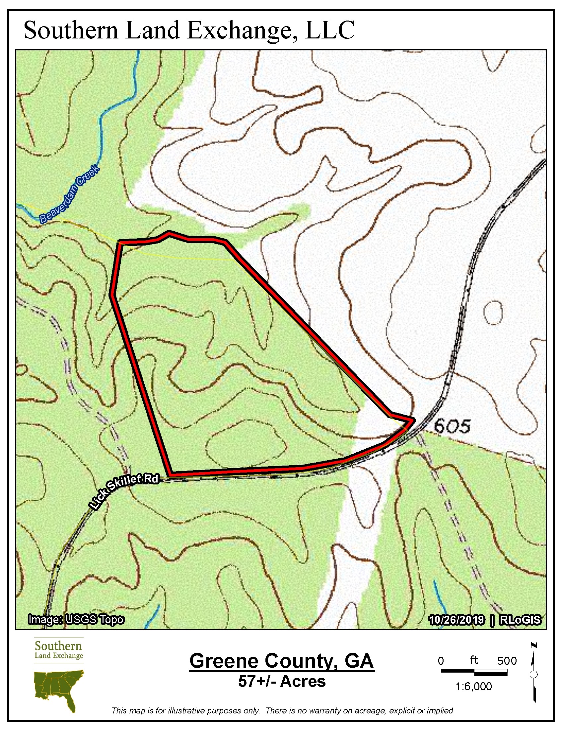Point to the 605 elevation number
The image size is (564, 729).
tap(452, 426)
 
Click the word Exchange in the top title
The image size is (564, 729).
tap(242, 31)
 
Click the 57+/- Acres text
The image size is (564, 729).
tap(282, 681)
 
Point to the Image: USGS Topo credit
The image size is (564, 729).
tap(76, 620)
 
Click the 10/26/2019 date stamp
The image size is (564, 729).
tap(457, 620)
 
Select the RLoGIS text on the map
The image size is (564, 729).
tap(520, 620)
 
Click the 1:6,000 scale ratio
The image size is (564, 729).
tap(473, 687)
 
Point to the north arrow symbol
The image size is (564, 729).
tap(533, 674)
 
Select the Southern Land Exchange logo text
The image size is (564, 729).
tap(58, 649)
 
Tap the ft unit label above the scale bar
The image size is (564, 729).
tap(474, 660)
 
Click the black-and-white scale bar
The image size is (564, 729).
tap(474, 673)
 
